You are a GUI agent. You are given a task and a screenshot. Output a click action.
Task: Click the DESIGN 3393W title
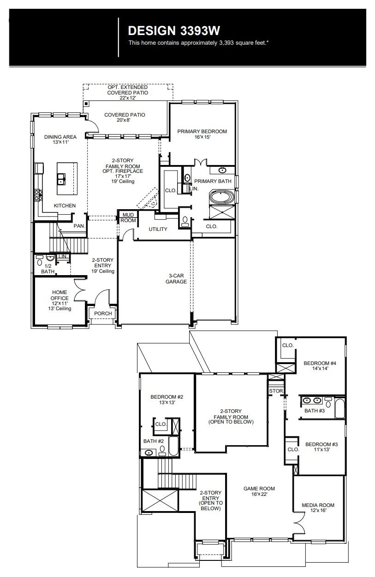click(174, 30)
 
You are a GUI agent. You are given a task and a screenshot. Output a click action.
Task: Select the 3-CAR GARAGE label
click(177, 278)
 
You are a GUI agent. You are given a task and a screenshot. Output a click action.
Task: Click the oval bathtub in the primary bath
click(222, 197)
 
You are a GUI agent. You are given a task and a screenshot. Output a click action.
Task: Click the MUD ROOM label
click(128, 218)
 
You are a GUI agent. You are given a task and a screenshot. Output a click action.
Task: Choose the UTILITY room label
click(158, 230)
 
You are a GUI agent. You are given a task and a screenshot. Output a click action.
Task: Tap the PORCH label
click(103, 313)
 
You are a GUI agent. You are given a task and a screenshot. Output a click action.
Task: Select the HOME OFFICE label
click(60, 295)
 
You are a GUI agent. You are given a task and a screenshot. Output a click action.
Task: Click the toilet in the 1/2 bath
click(39, 264)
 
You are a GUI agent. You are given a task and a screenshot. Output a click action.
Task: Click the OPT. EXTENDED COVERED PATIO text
click(128, 90)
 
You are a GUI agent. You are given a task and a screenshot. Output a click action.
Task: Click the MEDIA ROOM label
click(318, 507)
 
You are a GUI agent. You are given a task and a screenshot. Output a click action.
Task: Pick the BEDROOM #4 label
click(320, 366)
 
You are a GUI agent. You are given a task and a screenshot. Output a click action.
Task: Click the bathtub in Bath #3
click(339, 408)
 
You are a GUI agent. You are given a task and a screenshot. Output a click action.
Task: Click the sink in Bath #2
click(149, 453)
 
